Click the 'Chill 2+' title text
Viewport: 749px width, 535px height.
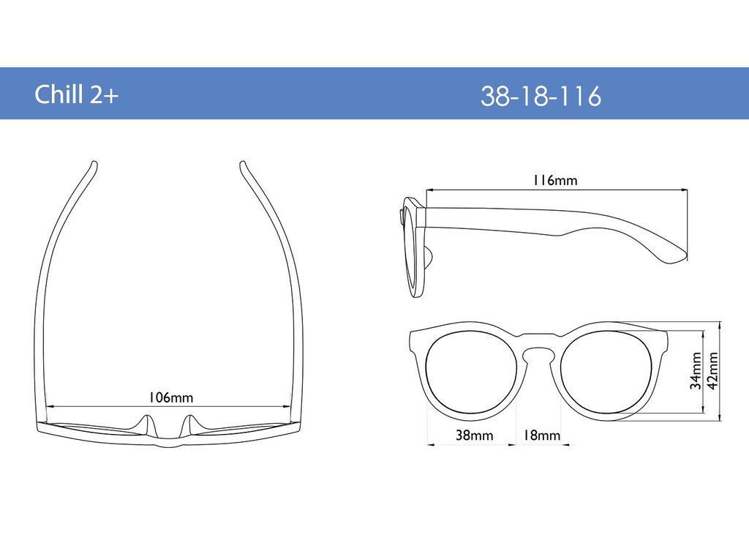click(x=76, y=94)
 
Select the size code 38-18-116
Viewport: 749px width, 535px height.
click(x=541, y=96)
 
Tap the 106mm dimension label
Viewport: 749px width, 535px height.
click(x=170, y=397)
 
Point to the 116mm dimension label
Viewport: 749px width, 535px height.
click(x=555, y=180)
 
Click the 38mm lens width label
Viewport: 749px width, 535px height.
click(x=474, y=435)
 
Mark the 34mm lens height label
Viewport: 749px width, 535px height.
click(x=696, y=370)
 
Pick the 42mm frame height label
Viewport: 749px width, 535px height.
click(x=712, y=370)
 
